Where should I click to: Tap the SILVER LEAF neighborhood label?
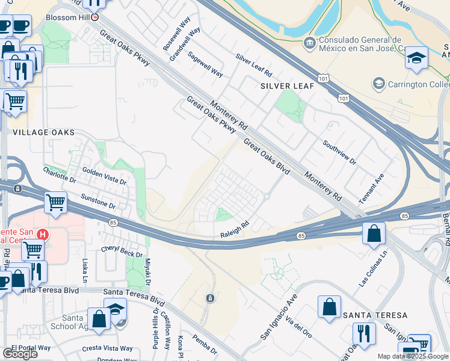click(x=287, y=86)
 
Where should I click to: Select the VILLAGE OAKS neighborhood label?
click(x=43, y=132)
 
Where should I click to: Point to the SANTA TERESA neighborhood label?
click(x=375, y=315)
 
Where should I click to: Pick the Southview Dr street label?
click(x=339, y=153)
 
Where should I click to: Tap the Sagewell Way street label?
click(x=205, y=64)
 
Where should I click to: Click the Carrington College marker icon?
click(x=379, y=82)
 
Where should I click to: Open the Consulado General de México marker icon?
click(x=309, y=43)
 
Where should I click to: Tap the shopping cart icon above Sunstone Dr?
click(x=55, y=203)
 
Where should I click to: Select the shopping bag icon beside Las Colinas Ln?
click(x=374, y=232)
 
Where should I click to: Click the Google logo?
click(x=20, y=353)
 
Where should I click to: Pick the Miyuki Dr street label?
click(x=147, y=274)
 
